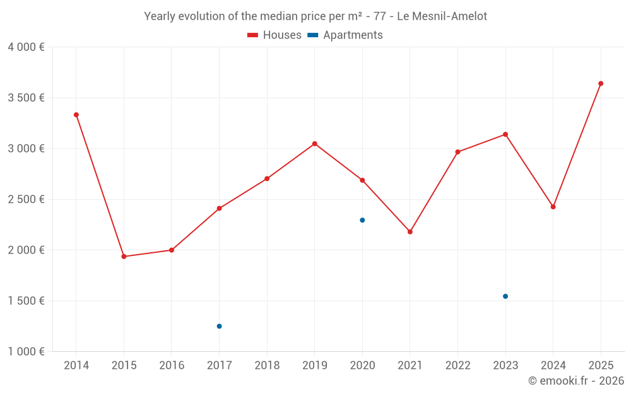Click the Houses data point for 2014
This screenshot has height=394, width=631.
[x=76, y=115]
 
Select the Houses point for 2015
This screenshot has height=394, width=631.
[x=124, y=257]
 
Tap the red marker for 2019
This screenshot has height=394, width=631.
[x=315, y=144]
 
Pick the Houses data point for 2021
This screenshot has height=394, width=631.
[x=410, y=232]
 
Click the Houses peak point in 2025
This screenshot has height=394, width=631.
[x=601, y=83]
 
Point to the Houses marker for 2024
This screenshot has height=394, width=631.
[x=553, y=207]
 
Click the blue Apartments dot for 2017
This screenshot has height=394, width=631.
[x=220, y=326]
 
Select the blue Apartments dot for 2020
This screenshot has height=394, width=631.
[x=362, y=220]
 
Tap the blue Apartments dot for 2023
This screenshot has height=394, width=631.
[x=505, y=296]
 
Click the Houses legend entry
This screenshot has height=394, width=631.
[x=274, y=35]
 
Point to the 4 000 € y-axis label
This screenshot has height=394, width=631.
[x=26, y=47]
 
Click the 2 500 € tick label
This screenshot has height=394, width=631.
[x=26, y=199]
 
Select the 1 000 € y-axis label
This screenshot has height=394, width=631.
[x=26, y=352]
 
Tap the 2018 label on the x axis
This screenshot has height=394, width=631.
[x=267, y=366]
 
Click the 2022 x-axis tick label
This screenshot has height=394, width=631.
[x=457, y=366]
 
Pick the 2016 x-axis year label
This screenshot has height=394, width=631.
[x=172, y=366]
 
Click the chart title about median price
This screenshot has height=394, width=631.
[x=315, y=16]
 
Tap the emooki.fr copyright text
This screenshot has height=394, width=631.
[x=576, y=381]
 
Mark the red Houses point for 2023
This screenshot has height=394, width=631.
[x=505, y=134]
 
